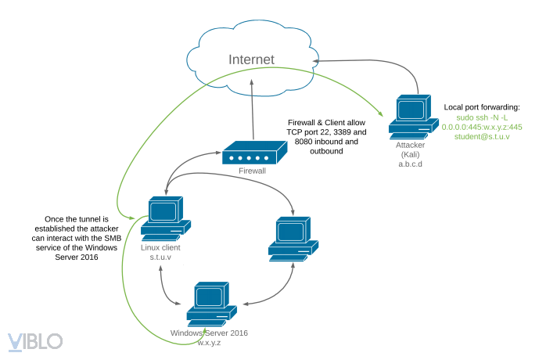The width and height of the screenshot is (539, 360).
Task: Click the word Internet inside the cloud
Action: click(x=252, y=59)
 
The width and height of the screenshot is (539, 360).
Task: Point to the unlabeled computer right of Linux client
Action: click(x=293, y=239)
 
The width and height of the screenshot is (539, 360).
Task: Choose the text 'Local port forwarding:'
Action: click(x=482, y=106)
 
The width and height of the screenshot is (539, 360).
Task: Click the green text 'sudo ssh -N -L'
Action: click(x=482, y=117)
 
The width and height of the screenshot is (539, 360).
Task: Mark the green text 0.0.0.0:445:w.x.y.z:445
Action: click(x=482, y=127)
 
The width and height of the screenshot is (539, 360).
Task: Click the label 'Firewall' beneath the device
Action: click(x=252, y=170)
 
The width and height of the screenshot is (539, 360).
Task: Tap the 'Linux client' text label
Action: click(x=160, y=247)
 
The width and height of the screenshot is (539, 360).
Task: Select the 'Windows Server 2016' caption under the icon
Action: click(x=210, y=333)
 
